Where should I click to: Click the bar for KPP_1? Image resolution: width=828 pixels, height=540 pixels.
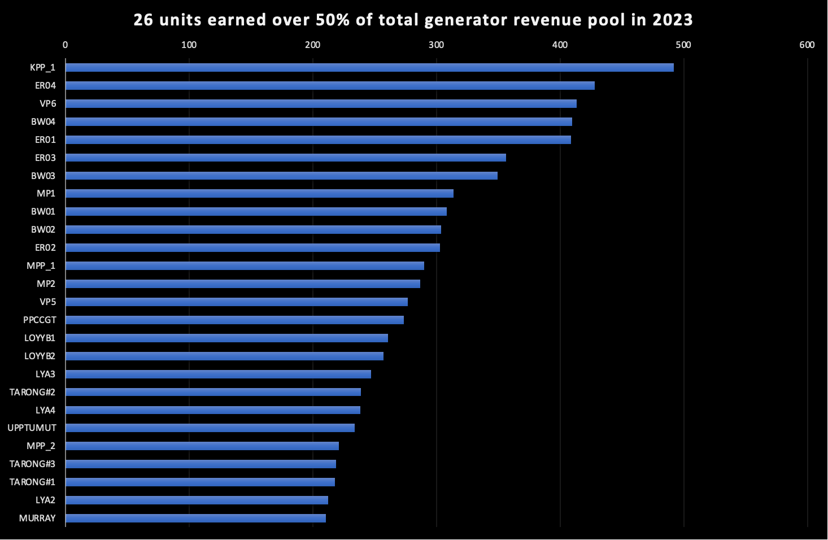[369, 67]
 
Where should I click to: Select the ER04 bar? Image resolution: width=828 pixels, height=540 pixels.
[330, 85]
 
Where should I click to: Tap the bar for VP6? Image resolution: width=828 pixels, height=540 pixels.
[321, 103]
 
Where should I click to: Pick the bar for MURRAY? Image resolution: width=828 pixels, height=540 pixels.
[195, 518]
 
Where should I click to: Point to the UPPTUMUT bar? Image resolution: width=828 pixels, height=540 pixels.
[210, 428]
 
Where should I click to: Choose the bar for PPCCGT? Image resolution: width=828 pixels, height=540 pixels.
[234, 320]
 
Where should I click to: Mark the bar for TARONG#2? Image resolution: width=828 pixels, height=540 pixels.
[213, 392]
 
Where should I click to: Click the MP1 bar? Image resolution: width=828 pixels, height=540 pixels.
[259, 193]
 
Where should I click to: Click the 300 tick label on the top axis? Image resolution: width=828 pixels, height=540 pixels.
[436, 45]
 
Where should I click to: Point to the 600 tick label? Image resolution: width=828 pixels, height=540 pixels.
[807, 45]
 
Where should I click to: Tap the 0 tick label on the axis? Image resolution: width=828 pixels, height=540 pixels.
[65, 45]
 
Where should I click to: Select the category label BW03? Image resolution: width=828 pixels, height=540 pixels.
[43, 176]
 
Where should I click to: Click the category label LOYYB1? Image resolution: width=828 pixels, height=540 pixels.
[40, 338]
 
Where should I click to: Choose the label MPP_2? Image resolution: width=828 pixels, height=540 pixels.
[41, 446]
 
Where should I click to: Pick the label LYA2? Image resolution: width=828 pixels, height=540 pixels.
[45, 500]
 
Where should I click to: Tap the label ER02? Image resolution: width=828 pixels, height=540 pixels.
[45, 247]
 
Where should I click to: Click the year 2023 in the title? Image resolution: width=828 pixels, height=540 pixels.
[672, 20]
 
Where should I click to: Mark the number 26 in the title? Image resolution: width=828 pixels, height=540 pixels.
[143, 20]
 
